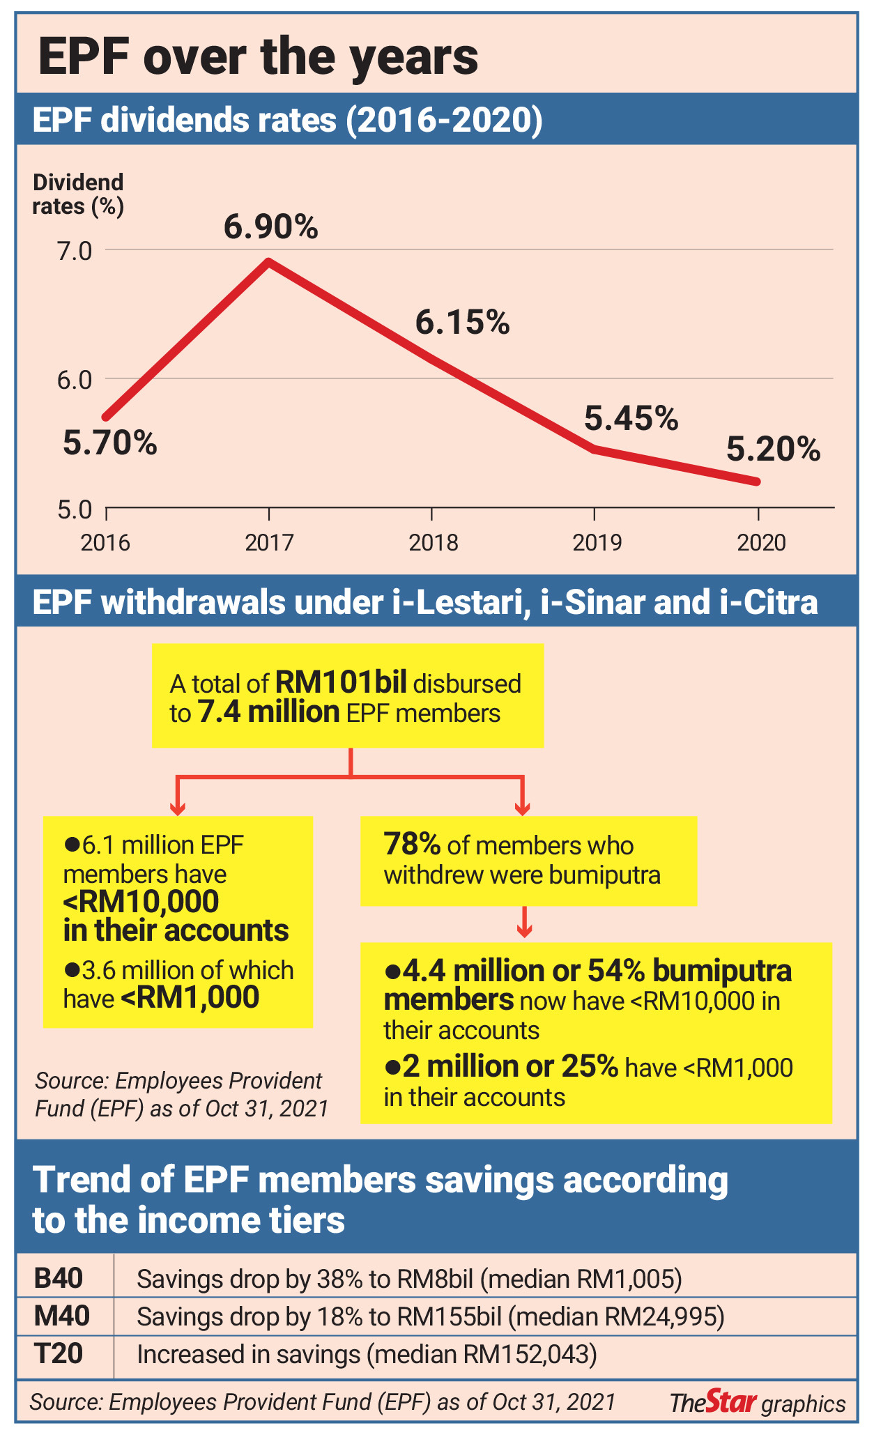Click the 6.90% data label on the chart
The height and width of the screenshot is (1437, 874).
coord(270,227)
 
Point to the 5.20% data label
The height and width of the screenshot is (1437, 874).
coord(773,449)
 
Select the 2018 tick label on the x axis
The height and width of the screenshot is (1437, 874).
coord(433,542)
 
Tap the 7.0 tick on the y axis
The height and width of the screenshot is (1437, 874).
coord(75,251)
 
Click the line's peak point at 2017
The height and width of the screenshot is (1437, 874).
coord(269,262)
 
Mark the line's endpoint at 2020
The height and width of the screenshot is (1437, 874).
coord(757,482)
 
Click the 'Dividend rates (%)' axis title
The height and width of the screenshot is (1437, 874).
coord(78,194)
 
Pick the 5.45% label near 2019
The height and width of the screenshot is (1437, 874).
coord(631,419)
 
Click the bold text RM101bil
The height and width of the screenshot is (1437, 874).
coord(341,682)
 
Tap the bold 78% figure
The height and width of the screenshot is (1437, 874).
coord(412,845)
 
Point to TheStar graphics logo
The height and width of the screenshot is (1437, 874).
coord(757,1402)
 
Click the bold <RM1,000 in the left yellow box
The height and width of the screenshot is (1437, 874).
coord(190,998)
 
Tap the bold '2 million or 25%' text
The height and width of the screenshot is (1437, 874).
coord(500,1067)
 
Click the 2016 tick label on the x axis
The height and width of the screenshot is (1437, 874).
coord(105,542)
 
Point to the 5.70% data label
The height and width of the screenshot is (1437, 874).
coord(110,443)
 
